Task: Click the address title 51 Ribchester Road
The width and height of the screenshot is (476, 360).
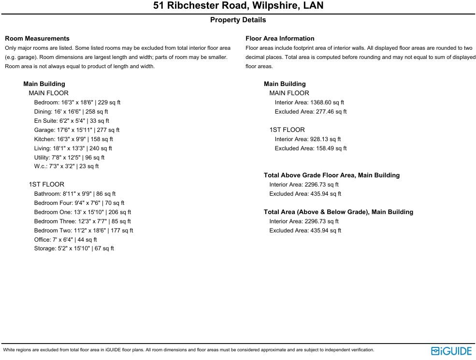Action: coord(238,6)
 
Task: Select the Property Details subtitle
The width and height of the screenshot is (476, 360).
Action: coord(238,20)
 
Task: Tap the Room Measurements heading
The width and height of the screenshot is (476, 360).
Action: coord(37,39)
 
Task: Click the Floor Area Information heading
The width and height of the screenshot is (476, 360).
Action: coord(280,39)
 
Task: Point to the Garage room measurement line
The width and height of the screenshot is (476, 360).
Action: coord(77,130)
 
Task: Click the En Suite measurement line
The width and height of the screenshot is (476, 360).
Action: coord(72,121)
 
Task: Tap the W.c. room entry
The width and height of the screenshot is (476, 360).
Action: coord(66,166)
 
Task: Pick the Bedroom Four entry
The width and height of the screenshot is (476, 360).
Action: coord(79,203)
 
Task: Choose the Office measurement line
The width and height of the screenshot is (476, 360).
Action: coord(65,240)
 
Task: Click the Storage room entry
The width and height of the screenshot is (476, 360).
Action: coord(74,248)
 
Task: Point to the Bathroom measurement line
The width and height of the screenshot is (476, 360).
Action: coord(75,194)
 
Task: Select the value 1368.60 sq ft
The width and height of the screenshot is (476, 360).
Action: coord(327,102)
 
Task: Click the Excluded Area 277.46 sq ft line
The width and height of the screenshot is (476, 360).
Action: coord(311,112)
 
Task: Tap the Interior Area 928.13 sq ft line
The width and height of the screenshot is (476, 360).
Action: coord(308,139)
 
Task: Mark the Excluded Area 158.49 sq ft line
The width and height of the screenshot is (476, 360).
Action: coord(311,148)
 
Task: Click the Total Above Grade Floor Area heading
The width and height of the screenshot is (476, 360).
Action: coord(332,175)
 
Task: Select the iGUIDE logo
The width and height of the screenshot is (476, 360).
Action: coord(451,351)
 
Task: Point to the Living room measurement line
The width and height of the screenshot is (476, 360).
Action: coord(73,148)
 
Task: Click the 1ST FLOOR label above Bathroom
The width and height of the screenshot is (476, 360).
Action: coord(46,185)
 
